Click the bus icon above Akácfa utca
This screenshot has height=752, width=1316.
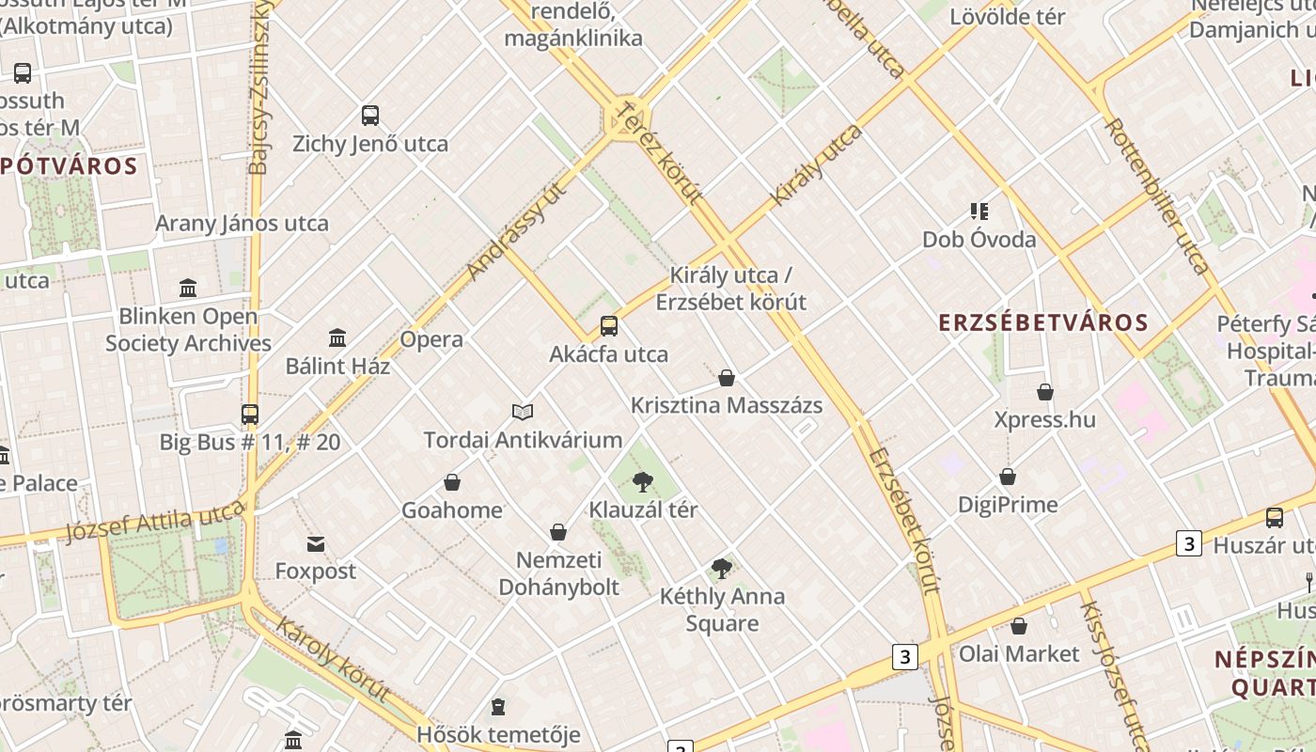tap(609, 326)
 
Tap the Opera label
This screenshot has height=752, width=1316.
tap(431, 339)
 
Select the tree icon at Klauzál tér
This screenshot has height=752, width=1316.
tap(643, 482)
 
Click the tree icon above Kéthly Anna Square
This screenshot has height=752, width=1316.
tap(722, 568)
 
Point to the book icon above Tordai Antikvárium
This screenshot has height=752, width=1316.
tap(523, 412)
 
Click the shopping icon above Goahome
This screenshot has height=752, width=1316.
tap(452, 482)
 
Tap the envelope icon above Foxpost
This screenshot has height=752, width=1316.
tap(315, 543)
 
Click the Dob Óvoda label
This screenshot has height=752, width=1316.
tap(979, 239)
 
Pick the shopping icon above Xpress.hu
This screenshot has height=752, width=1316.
tap(1045, 392)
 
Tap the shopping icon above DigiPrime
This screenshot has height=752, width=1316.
tap(1008, 477)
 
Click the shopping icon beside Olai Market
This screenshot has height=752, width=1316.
tap(1019, 626)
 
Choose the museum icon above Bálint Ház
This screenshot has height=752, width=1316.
tap(337, 338)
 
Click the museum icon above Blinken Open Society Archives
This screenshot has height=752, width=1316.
tap(188, 288)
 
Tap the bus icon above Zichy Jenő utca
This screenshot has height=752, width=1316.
tap(370, 116)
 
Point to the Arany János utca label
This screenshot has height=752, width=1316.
tap(242, 224)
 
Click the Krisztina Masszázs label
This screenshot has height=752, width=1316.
tap(727, 405)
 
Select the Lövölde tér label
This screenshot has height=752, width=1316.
tap(1007, 17)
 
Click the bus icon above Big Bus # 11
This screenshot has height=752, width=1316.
tap(250, 414)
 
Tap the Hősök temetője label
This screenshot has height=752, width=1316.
tap(498, 734)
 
